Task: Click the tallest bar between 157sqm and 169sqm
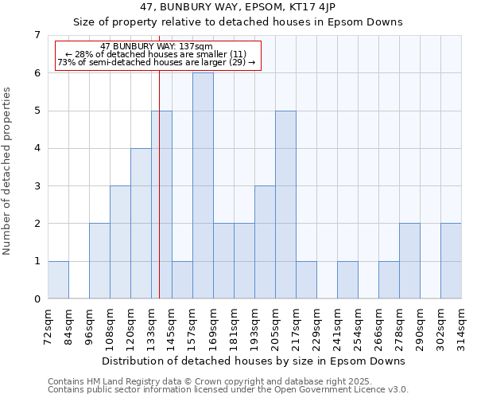[x=203, y=185]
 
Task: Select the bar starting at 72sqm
[x=58, y=279]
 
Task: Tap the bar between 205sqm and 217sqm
[x=285, y=205]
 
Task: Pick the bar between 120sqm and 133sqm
[x=141, y=223]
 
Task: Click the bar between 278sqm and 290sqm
[x=409, y=261]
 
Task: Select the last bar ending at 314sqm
[x=451, y=261]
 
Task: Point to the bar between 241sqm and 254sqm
[x=347, y=279]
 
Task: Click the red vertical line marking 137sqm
[x=160, y=199]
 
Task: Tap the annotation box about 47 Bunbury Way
[x=157, y=55]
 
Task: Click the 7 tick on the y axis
[x=37, y=35]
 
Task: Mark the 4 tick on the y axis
[x=37, y=148]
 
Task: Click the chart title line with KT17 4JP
[x=238, y=7]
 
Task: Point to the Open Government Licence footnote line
[x=227, y=390]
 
